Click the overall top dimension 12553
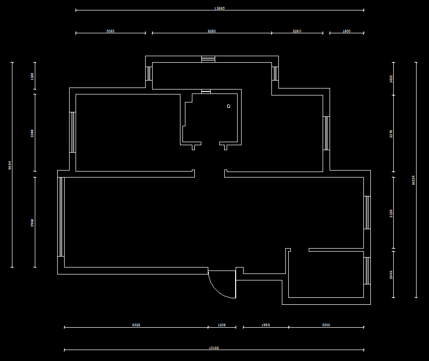click(x=219, y=8)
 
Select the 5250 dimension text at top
click(x=211, y=31)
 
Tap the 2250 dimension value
click(x=297, y=31)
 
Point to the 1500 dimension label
click(x=346, y=31)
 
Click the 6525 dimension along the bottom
click(x=136, y=325)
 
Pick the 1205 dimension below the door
click(x=222, y=325)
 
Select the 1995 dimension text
click(x=265, y=325)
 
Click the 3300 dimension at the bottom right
click(x=326, y=325)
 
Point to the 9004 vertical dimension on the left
click(x=10, y=165)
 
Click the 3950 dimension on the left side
click(x=32, y=223)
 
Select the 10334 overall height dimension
click(x=414, y=180)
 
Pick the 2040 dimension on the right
click(x=391, y=274)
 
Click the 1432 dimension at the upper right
click(x=391, y=79)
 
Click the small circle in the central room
click(x=229, y=106)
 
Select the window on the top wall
click(x=208, y=59)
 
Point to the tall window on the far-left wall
click(x=61, y=216)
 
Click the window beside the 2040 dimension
click(x=367, y=271)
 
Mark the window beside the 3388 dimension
click(x=73, y=132)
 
